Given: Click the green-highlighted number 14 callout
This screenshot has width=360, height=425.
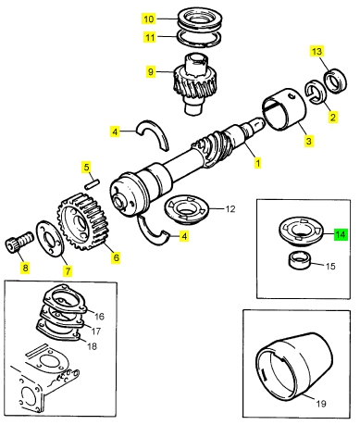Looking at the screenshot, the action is [341, 235].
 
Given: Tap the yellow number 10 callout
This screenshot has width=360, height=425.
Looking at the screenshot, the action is [149, 19].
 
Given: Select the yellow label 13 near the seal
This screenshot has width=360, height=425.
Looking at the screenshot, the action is [317, 51].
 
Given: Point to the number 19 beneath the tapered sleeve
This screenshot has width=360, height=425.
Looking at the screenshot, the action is [321, 403].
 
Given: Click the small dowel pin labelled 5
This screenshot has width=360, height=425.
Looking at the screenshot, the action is [92, 184].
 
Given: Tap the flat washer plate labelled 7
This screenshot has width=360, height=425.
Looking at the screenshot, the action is [50, 238].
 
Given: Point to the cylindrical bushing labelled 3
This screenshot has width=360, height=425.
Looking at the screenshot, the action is [284, 109].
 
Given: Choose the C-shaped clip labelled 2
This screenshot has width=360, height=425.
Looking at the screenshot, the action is [315, 92].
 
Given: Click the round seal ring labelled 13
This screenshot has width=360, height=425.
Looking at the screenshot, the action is [335, 81].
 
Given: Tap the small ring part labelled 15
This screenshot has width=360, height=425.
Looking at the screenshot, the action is [300, 260].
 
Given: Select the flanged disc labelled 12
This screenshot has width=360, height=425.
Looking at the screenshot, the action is [187, 209].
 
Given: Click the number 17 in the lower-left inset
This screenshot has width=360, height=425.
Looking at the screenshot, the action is [96, 331].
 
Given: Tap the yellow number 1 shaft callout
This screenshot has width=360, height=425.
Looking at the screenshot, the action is [257, 163].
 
